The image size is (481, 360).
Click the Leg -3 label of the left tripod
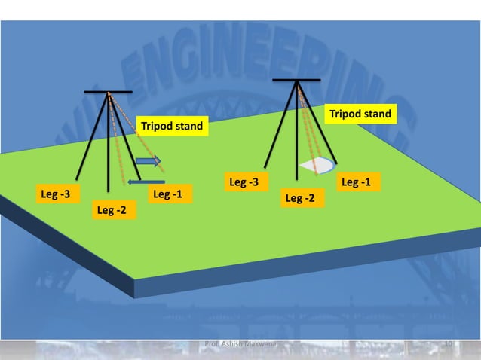56,195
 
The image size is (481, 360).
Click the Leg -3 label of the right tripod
244,182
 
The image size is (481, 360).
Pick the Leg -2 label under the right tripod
300,198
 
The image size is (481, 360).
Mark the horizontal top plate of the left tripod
109,92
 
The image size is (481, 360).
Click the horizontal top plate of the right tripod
296,79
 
